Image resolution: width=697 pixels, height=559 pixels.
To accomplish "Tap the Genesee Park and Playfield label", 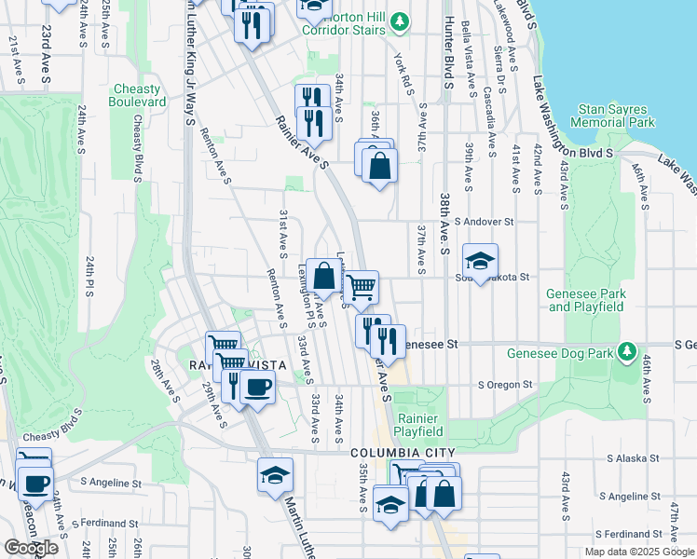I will coord(585,300).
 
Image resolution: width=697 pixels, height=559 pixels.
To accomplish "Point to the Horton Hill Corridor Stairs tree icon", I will coord(400,20).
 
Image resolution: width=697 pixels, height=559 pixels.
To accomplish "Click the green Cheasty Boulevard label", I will coord(138,95).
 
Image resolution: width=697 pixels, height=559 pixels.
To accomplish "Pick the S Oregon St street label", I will coord(505,384).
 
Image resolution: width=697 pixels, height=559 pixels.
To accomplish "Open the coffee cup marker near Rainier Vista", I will coord(257,387).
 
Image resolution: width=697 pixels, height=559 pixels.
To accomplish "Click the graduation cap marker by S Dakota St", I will coord(480,262).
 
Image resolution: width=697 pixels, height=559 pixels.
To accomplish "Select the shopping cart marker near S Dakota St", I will coord(361,288).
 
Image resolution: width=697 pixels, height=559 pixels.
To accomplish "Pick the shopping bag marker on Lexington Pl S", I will coord(323,277).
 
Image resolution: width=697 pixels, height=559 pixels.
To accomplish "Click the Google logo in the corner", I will coord(31,548).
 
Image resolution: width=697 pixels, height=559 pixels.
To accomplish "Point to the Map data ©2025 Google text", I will coord(638,552).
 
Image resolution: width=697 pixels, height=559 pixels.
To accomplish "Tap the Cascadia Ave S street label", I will coord(488,109).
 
